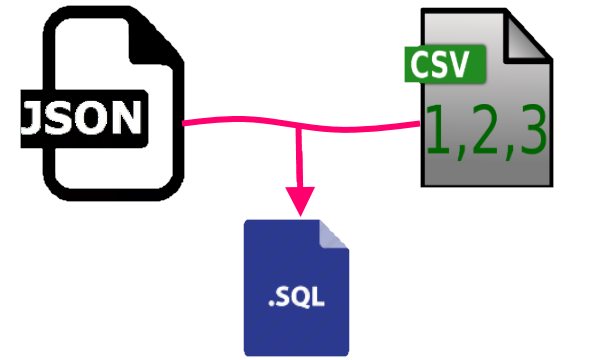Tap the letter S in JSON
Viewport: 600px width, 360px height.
click(68, 118)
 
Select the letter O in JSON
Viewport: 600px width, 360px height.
click(102, 118)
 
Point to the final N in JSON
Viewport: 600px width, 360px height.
click(137, 118)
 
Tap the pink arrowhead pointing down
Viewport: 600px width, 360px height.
click(299, 199)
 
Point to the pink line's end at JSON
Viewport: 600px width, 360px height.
click(186, 123)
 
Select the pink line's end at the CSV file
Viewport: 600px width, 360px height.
click(418, 124)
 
